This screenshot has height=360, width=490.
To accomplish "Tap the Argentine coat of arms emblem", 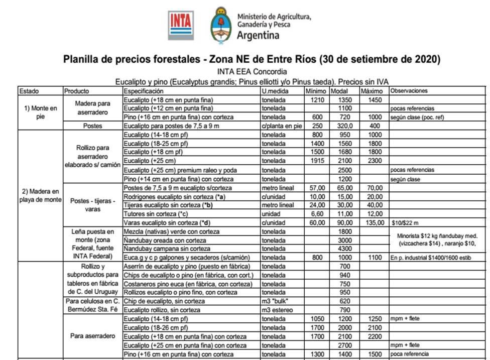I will pyautogui.click(x=221, y=25).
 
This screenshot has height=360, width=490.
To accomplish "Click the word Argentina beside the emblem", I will pyautogui.click(x=258, y=36).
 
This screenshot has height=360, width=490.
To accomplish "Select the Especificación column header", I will pyautogui.click(x=144, y=91).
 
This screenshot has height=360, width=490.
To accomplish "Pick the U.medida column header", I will pyautogui.click(x=274, y=91).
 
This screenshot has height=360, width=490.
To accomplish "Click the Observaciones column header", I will pyautogui.click(x=409, y=91).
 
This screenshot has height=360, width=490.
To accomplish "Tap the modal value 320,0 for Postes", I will pyautogui.click(x=344, y=126).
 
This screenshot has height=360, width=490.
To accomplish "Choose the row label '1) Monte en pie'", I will pyautogui.click(x=41, y=112).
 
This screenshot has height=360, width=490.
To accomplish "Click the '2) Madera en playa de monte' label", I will pyautogui.click(x=41, y=195).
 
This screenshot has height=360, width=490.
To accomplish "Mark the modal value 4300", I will pyautogui.click(x=344, y=248).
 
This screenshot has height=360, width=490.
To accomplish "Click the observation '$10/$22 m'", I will pyautogui.click(x=405, y=222).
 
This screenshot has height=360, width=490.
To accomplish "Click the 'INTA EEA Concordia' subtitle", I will pyautogui.click(x=252, y=71).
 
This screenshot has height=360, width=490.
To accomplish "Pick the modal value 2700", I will pyautogui.click(x=344, y=345).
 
